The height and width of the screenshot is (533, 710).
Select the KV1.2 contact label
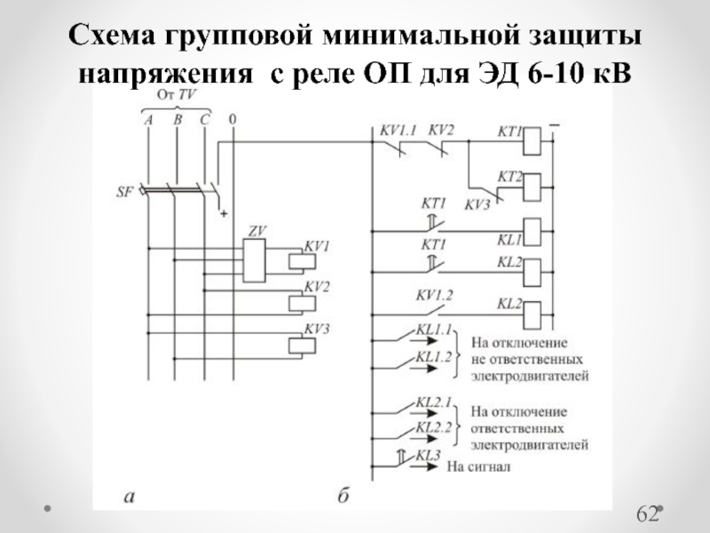(432, 295)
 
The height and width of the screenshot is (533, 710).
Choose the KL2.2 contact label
(434, 428)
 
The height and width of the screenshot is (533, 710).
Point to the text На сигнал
(479, 465)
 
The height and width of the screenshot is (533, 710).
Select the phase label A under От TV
(148, 119)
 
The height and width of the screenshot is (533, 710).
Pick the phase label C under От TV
(205, 119)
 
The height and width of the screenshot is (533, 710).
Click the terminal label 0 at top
(232, 119)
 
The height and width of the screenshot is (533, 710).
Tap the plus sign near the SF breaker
(224, 213)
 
